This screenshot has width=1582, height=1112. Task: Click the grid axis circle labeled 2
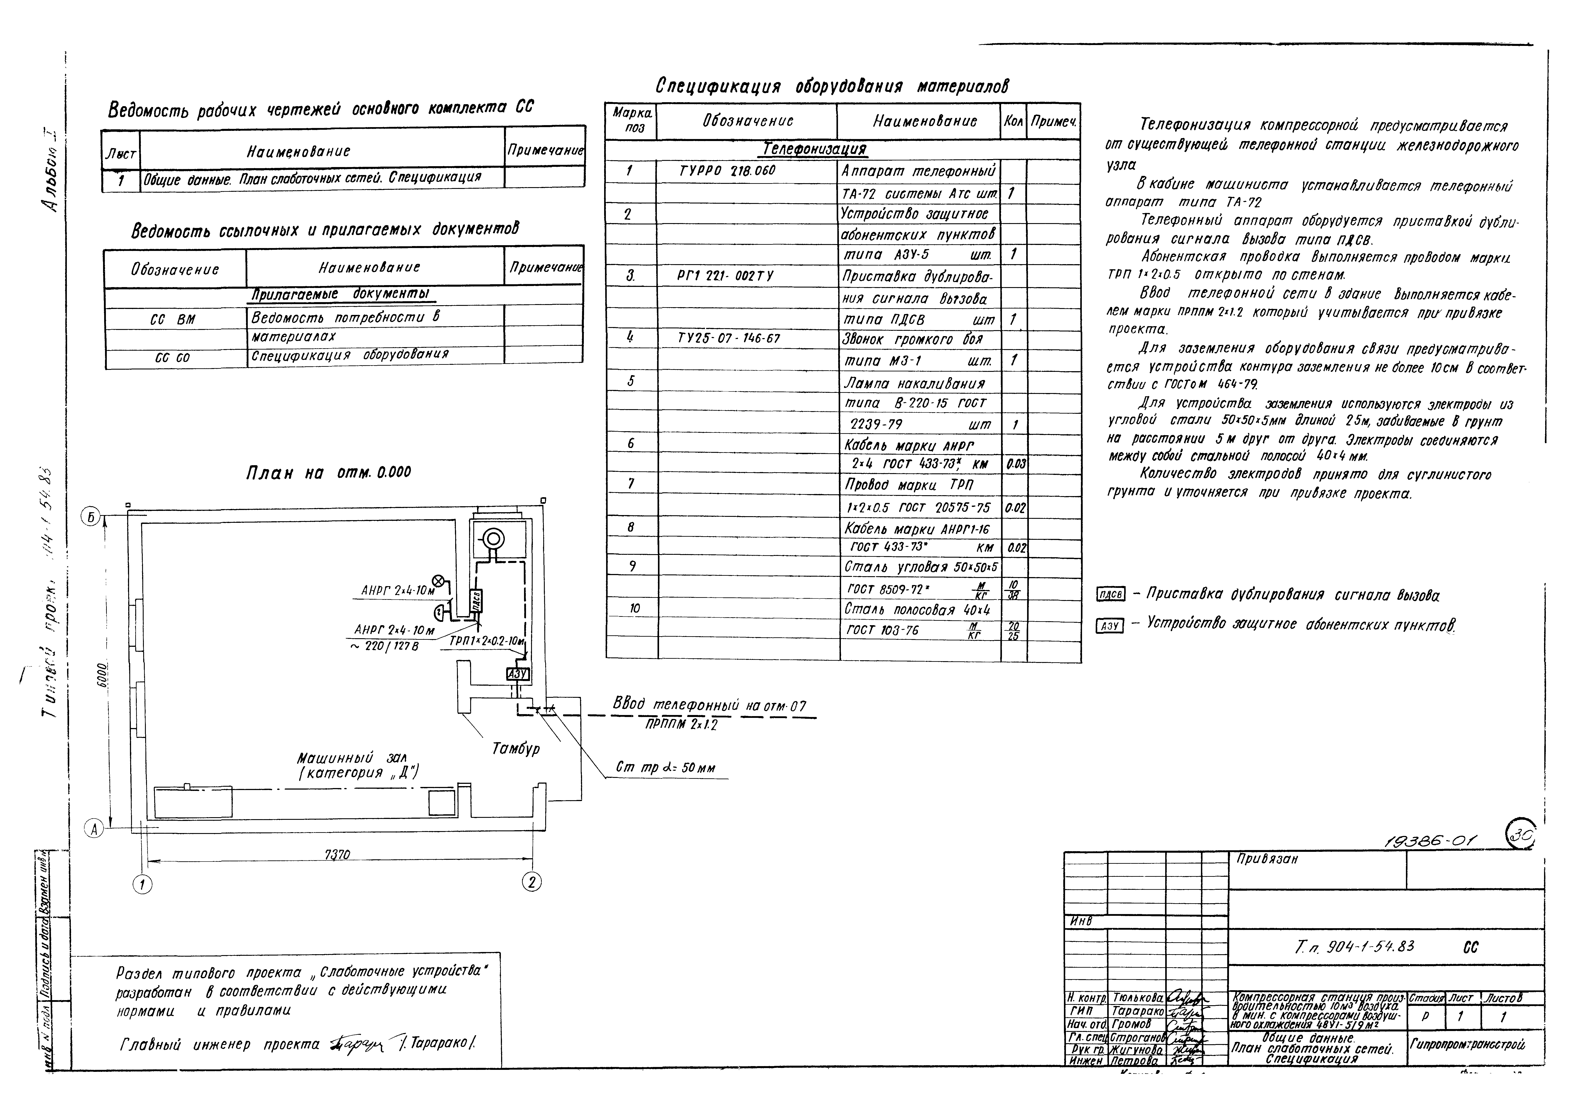click(531, 881)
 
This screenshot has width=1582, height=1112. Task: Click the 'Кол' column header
click(1013, 121)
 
